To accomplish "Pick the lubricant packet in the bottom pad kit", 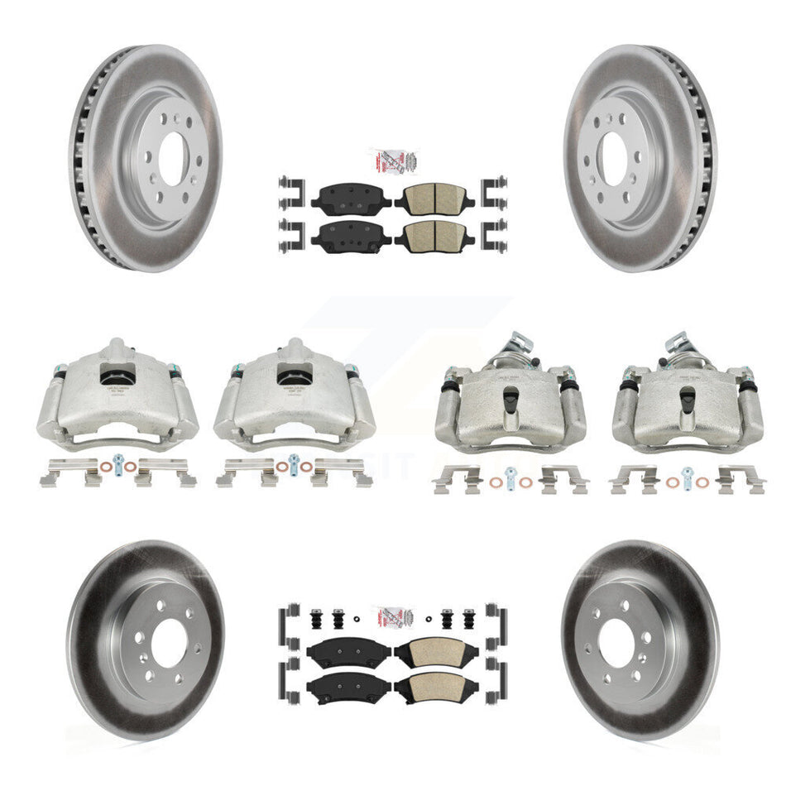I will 393,618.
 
